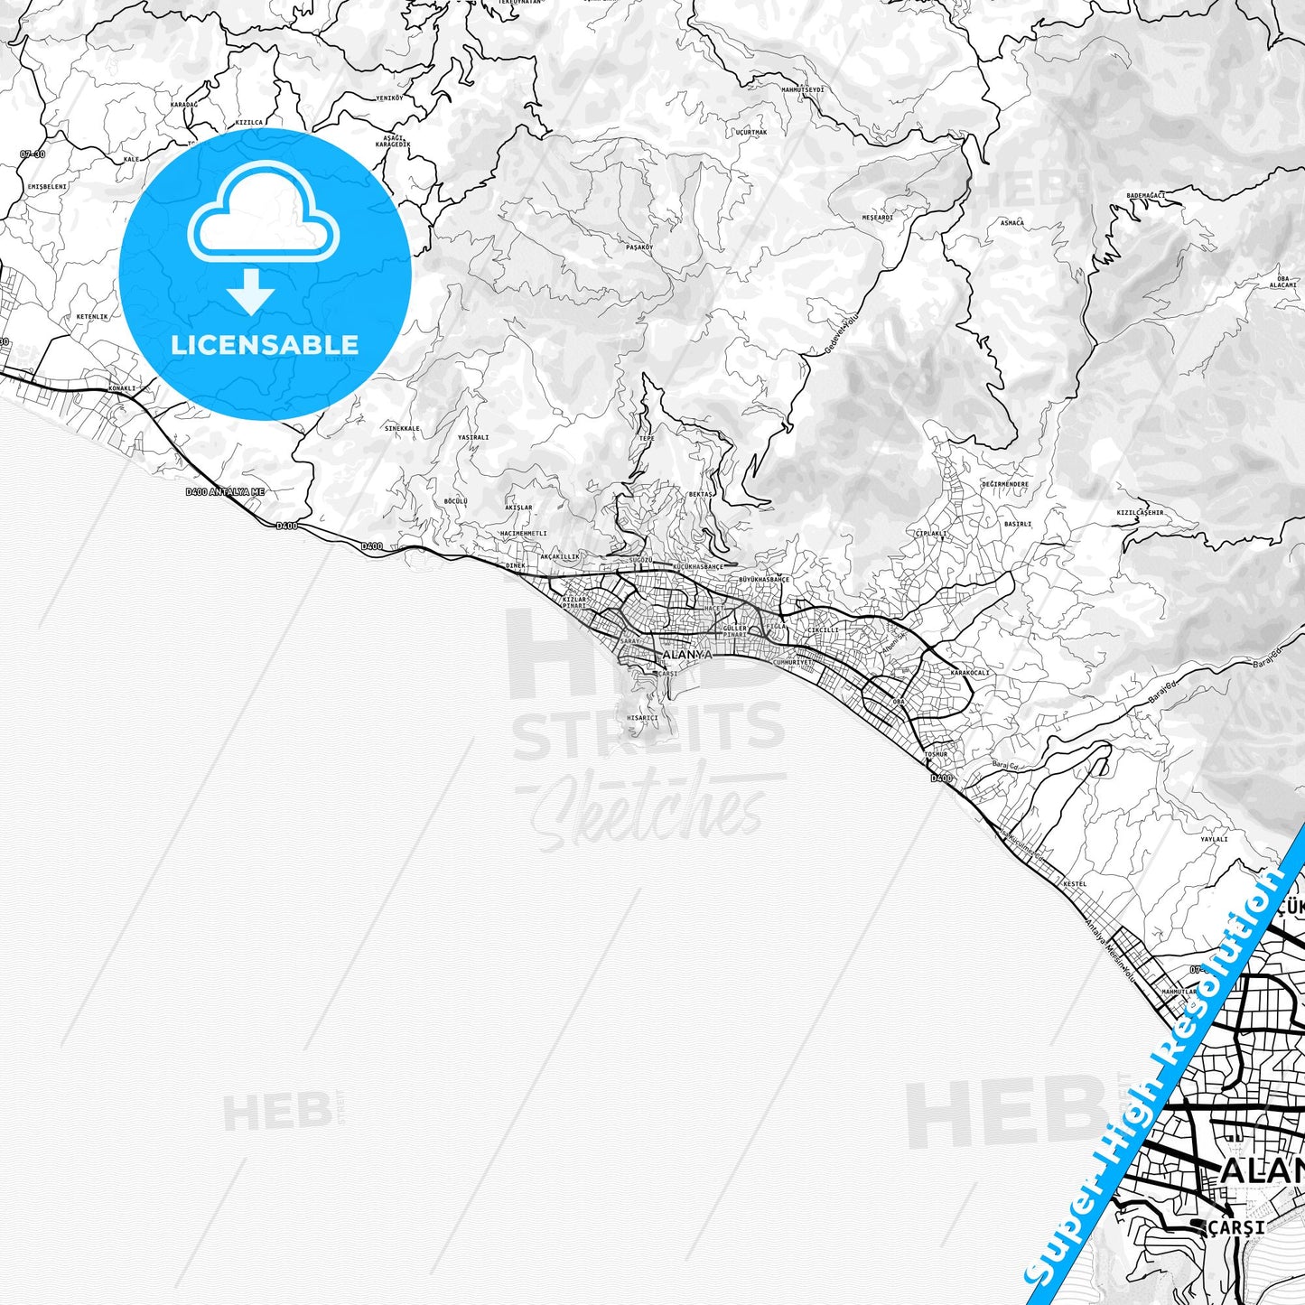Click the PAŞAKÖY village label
[639, 247]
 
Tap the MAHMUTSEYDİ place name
[803, 89]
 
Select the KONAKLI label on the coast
[121, 388]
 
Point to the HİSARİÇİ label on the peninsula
[642, 718]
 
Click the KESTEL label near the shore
[1075, 883]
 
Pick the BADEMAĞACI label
[1146, 195]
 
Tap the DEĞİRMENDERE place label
[1005, 484]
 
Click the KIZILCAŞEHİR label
[1140, 512]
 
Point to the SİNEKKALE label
[402, 428]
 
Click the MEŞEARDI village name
[877, 218]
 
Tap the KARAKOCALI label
[971, 673]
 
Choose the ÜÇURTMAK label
[750, 133]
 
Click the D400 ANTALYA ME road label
[225, 492]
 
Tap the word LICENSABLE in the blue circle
[265, 344]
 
